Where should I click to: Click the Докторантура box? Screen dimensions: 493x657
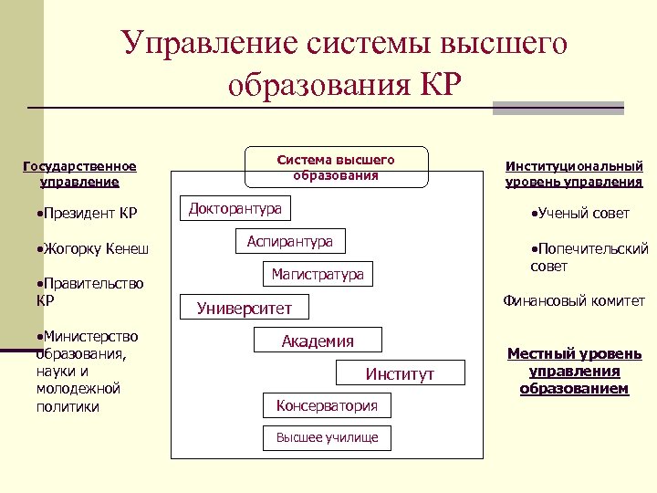tap(235, 209)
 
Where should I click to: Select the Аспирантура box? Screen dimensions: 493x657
tap(289, 242)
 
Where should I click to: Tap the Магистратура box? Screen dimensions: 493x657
tap(317, 274)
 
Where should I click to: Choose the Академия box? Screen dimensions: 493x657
tap(318, 341)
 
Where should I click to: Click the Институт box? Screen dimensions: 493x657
tap(400, 374)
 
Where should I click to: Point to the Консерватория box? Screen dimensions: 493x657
tap(326, 404)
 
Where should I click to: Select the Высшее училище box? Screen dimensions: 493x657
tap(326, 437)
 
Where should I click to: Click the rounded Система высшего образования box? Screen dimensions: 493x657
tap(335, 167)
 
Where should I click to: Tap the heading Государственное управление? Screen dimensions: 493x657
tap(79, 173)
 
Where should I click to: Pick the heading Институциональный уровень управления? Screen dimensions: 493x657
tap(574, 173)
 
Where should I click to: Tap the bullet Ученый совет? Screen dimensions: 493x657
tap(580, 214)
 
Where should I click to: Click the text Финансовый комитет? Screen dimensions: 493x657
tap(574, 300)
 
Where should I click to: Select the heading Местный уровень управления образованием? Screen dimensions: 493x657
tap(574, 371)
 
